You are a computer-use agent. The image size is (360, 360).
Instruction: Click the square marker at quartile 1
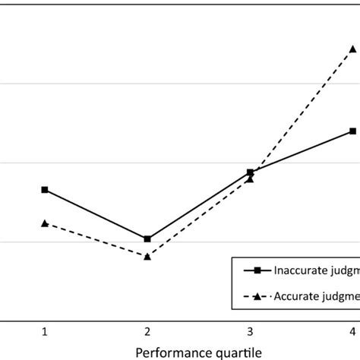(45, 190)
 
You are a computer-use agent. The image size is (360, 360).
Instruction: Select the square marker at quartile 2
(147, 239)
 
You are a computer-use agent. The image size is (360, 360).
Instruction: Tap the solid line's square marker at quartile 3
(250, 172)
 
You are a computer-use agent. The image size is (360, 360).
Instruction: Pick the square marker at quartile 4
(352, 131)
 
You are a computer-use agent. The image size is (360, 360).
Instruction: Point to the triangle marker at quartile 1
(45, 223)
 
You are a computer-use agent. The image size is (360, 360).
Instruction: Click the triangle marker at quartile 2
(147, 256)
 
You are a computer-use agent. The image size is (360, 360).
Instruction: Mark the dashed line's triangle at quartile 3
(250, 179)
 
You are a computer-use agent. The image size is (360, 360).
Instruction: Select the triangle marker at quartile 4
(352, 49)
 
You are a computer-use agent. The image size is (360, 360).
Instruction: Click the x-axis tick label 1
(45, 331)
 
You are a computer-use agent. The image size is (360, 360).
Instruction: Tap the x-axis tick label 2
(147, 331)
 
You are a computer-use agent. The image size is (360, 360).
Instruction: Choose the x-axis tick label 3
(250, 331)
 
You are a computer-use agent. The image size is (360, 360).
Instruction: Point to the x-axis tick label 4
(352, 331)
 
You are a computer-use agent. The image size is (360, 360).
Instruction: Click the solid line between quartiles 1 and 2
(96, 214)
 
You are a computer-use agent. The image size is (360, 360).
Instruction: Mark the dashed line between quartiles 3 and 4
(301, 114)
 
